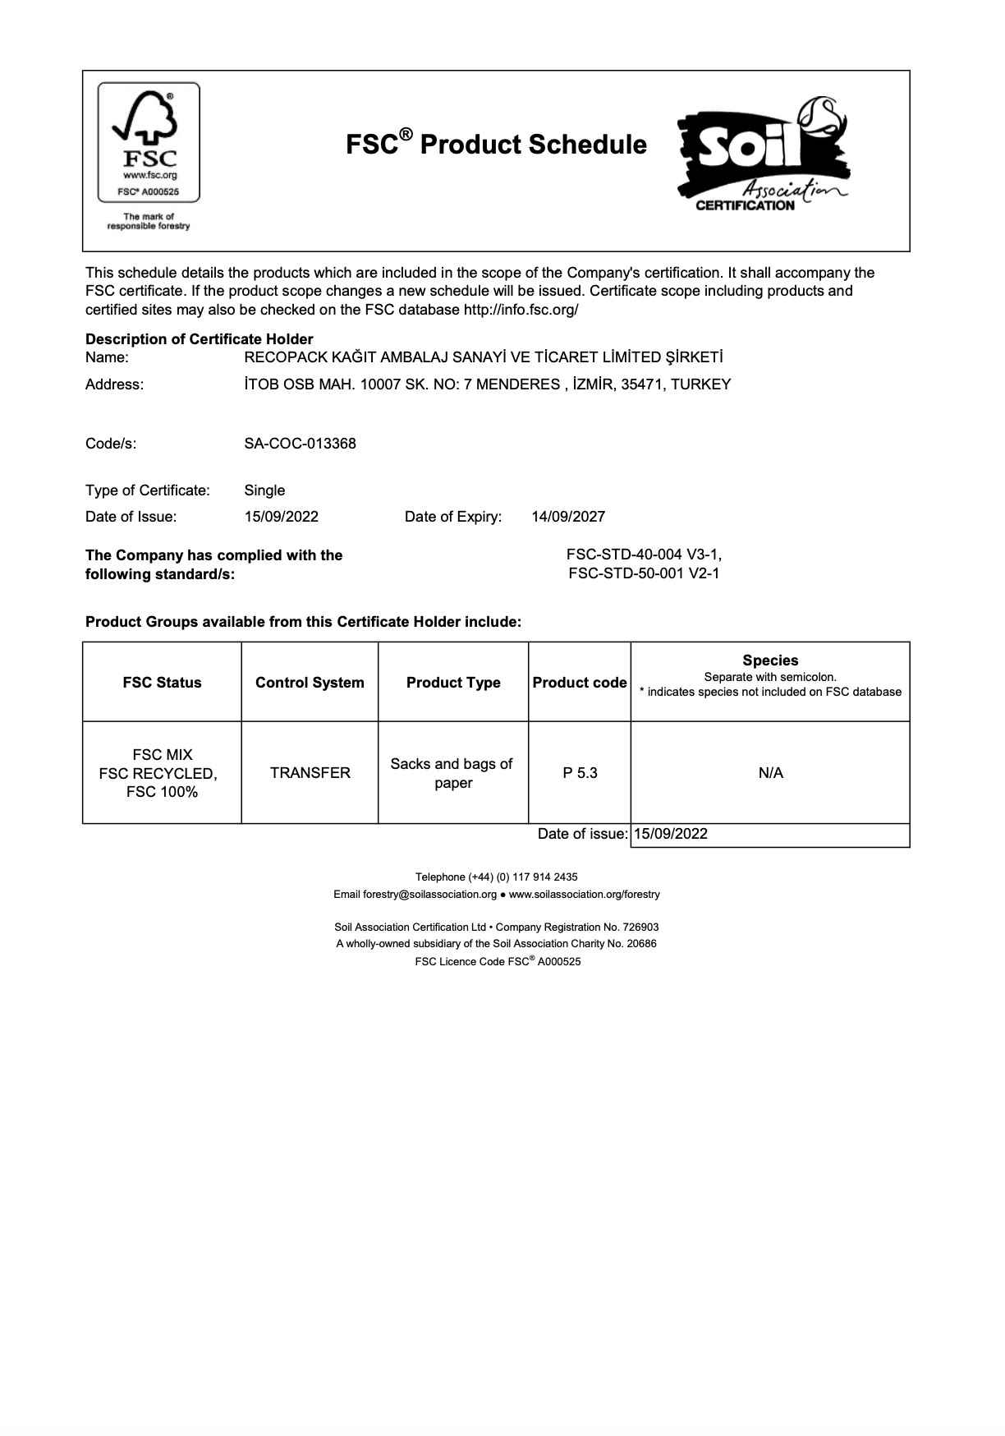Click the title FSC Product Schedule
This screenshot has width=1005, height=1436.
pos(496,145)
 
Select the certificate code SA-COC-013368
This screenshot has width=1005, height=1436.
pos(300,444)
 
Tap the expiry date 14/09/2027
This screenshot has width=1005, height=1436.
pos(568,517)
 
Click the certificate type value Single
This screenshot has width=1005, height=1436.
pos(264,490)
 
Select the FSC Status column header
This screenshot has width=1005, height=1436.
pos(162,683)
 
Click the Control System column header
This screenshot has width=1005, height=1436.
pos(310,683)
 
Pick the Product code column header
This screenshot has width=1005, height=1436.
pos(580,683)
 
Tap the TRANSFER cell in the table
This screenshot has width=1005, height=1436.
pos(310,773)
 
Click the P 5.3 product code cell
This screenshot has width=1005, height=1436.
pos(580,773)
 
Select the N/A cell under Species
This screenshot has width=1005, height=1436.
pos(770,773)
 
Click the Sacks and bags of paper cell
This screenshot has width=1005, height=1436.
pos(452,773)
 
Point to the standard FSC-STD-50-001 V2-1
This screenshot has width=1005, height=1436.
pos(644,573)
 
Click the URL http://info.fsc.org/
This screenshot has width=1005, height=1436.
pos(521,310)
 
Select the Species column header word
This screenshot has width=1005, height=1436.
pos(770,660)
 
